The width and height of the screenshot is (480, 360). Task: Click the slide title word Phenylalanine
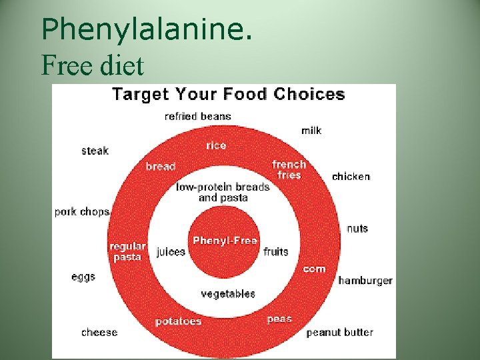pyautogui.click(x=146, y=29)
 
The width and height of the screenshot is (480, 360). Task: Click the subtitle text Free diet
pyautogui.click(x=92, y=65)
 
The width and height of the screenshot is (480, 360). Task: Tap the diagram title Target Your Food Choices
pyautogui.click(x=228, y=94)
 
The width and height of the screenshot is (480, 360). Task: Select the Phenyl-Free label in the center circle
pyautogui.click(x=225, y=241)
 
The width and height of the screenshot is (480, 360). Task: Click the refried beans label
pyautogui.click(x=198, y=116)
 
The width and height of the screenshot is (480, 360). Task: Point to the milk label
pyautogui.click(x=311, y=130)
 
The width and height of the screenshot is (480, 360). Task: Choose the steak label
pyautogui.click(x=95, y=151)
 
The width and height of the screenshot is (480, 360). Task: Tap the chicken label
pyautogui.click(x=351, y=177)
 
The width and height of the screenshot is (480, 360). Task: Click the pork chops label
pyautogui.click(x=82, y=212)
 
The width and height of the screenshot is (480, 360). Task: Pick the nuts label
pyautogui.click(x=357, y=228)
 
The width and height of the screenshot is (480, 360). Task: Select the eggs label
pyautogui.click(x=83, y=277)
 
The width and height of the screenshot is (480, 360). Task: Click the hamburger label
pyautogui.click(x=365, y=281)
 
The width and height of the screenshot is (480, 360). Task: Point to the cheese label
pyautogui.click(x=99, y=332)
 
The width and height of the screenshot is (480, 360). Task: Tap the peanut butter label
pyautogui.click(x=340, y=332)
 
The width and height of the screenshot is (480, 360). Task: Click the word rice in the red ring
pyautogui.click(x=216, y=145)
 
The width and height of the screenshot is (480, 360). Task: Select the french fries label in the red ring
pyautogui.click(x=289, y=169)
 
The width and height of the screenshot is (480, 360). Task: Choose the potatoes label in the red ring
pyautogui.click(x=178, y=321)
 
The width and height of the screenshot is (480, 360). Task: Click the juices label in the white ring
pyautogui.click(x=171, y=252)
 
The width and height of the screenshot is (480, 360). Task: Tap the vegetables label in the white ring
pyautogui.click(x=228, y=293)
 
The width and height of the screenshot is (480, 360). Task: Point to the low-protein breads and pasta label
pyautogui.click(x=223, y=192)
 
